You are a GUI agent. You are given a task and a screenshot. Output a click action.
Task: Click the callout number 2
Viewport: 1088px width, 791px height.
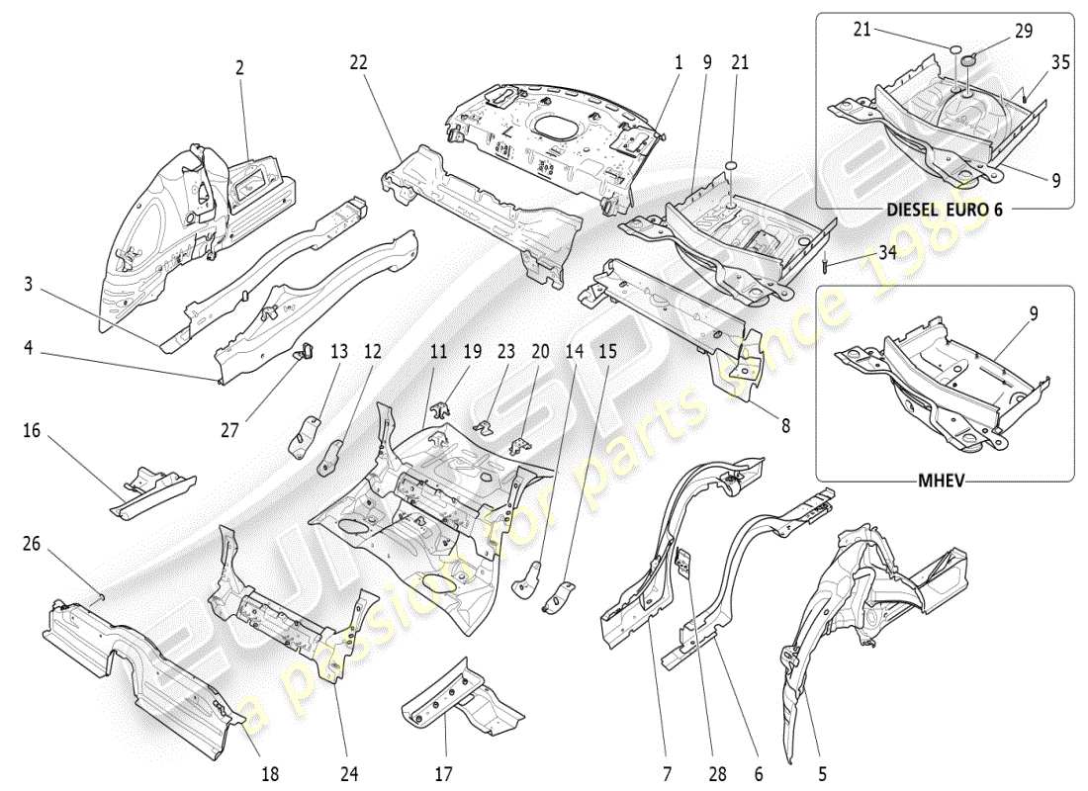click(239, 67)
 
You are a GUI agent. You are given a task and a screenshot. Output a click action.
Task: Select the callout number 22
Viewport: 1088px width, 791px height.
click(358, 61)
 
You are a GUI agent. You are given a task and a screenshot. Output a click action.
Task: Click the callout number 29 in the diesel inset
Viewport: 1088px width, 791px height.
click(1023, 31)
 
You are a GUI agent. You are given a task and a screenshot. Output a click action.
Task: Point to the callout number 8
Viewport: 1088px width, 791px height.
click(785, 426)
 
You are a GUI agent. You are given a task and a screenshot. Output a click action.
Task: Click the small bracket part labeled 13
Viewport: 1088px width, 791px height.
click(305, 435)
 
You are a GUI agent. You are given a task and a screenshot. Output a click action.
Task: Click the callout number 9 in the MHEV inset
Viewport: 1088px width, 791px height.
click(1033, 314)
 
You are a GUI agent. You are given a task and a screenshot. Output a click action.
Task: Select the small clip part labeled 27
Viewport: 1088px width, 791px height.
click(305, 348)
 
